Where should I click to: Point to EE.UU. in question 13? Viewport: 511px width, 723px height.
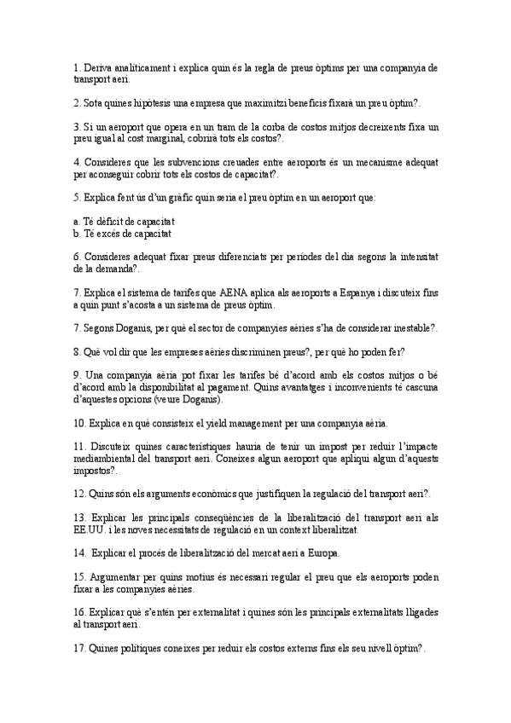[x=90, y=529]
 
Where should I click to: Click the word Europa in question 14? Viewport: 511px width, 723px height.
[x=321, y=553]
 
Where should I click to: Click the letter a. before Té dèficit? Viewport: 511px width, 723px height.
[x=77, y=220]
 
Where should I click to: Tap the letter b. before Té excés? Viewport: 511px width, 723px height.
[x=77, y=232]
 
